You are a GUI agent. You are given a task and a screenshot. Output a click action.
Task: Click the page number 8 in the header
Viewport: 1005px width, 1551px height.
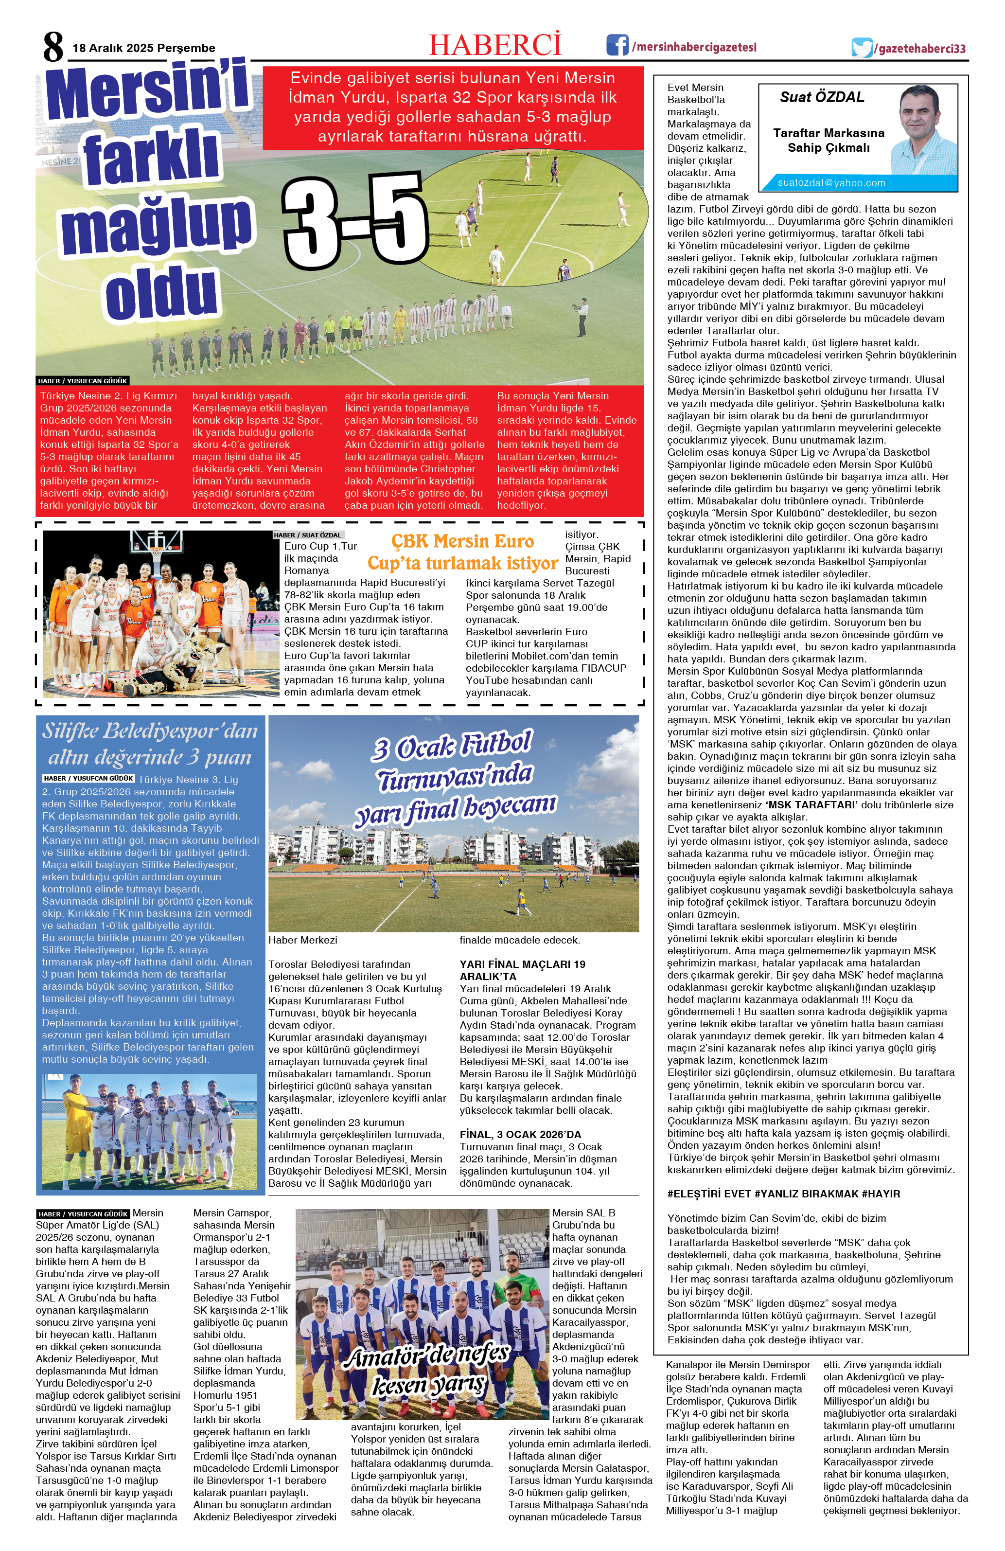pyautogui.click(x=53, y=46)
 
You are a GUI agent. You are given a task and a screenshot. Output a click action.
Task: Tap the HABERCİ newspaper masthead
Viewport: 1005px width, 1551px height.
pyautogui.click(x=495, y=46)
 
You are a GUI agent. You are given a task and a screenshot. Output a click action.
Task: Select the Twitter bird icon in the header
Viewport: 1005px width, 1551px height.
pyautogui.click(x=862, y=48)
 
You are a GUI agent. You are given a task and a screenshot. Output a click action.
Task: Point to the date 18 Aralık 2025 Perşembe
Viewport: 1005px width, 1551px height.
pyautogui.click(x=144, y=48)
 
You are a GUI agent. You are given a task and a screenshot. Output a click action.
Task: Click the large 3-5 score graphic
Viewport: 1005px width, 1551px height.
pyautogui.click(x=355, y=222)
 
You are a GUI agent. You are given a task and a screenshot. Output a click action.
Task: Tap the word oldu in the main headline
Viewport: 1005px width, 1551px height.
pyautogui.click(x=161, y=295)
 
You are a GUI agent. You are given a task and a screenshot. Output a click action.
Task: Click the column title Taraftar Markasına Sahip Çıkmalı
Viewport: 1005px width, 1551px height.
pyautogui.click(x=829, y=140)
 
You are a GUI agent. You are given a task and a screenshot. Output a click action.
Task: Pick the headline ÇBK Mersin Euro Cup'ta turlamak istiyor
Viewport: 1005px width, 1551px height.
pyautogui.click(x=462, y=552)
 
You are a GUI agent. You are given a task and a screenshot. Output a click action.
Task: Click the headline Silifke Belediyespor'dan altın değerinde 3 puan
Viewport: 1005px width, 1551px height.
pyautogui.click(x=150, y=744)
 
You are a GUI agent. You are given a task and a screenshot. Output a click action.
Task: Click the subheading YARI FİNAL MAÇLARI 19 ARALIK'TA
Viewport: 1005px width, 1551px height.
pyautogui.click(x=522, y=970)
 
